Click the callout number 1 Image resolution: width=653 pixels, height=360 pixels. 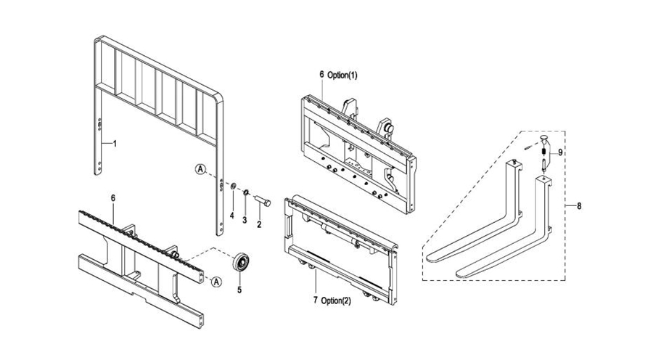pyautogui.click(x=113, y=144)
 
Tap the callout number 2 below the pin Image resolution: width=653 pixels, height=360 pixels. pyautogui.click(x=259, y=225)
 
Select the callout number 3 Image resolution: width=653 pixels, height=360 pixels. pyautogui.click(x=245, y=220)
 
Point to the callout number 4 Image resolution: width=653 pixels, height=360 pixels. pyautogui.click(x=232, y=216)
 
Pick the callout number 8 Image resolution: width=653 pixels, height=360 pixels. pyautogui.click(x=578, y=206)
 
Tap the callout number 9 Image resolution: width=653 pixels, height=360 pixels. pyautogui.click(x=560, y=152)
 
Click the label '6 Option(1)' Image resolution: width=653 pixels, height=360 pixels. pyautogui.click(x=338, y=75)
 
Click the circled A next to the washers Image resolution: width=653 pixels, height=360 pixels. pyautogui.click(x=201, y=169)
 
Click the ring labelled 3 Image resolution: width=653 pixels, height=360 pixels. pyautogui.click(x=246, y=192)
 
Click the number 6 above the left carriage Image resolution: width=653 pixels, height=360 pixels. pyautogui.click(x=113, y=197)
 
